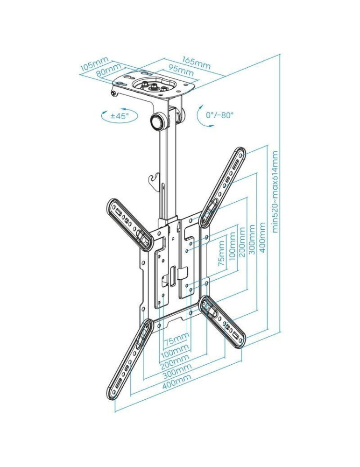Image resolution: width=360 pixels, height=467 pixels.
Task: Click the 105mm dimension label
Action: coord(94,64)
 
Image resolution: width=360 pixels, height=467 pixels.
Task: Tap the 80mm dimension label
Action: coord(108,71)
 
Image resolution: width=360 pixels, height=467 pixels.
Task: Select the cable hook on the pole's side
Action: coord(154,179)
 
